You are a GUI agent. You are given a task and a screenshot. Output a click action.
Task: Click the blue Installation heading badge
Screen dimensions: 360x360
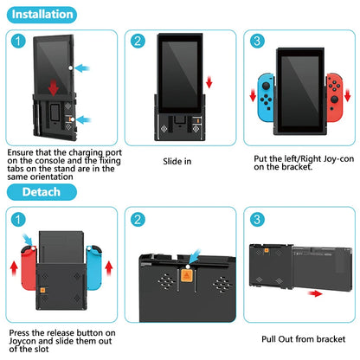tap(42, 15)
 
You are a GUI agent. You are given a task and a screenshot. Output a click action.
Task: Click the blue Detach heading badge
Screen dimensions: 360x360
tap(42, 192)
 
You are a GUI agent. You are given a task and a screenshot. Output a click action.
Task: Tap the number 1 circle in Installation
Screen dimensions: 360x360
tap(18, 41)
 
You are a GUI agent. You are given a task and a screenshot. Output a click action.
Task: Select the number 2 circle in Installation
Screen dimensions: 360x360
tap(138, 41)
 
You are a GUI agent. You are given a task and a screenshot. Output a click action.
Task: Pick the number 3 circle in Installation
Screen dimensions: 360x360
tap(257, 41)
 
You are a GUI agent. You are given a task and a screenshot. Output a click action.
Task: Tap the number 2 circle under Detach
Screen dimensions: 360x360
tap(138, 220)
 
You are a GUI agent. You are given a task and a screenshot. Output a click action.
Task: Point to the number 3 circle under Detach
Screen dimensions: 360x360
tap(257, 220)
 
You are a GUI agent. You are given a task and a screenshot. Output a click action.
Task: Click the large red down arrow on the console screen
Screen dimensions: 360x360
tap(54, 88)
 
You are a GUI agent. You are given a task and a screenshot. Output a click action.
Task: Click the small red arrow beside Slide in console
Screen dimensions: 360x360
tap(209, 82)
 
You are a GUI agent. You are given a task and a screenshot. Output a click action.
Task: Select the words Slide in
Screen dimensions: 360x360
tap(177, 161)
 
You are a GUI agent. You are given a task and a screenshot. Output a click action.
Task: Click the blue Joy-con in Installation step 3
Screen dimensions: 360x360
tap(266, 98)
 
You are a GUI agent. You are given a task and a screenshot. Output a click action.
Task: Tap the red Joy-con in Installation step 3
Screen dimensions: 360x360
tap(335, 98)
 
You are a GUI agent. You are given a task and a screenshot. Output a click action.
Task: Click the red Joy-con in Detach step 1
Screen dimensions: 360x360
tap(29, 267)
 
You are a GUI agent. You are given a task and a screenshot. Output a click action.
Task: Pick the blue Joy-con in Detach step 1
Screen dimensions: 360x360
tap(94, 267)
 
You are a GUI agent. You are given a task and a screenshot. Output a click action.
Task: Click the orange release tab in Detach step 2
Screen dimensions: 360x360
tap(186, 275)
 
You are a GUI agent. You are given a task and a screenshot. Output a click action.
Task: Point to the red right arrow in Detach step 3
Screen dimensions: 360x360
tap(315, 293)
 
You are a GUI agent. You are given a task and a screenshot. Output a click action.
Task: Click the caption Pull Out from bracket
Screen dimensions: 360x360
tap(303, 339)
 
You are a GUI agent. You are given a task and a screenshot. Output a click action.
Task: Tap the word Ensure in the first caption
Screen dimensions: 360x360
tap(20, 152)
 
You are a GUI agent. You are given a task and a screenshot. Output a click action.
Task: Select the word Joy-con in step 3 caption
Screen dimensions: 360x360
tap(338, 159)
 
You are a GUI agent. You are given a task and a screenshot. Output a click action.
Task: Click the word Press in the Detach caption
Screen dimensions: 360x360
tap(20, 333)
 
